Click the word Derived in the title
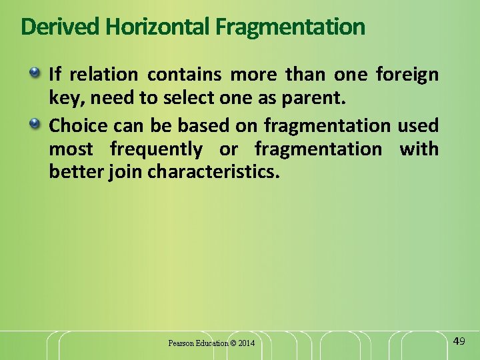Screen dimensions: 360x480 tap(61, 27)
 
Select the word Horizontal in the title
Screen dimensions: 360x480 tap(158, 27)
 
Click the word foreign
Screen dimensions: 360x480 tap(407, 74)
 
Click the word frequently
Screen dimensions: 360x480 tap(156, 148)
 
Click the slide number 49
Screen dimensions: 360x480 tap(459, 341)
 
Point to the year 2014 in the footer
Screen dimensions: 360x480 tap(245, 343)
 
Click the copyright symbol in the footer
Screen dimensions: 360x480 tap(232, 343)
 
